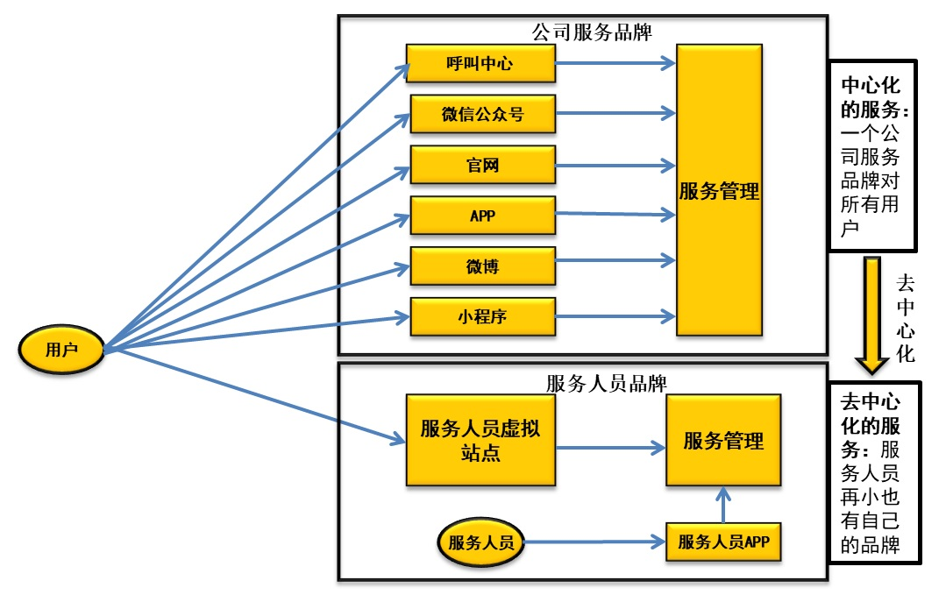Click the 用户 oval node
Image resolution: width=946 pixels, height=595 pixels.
61,350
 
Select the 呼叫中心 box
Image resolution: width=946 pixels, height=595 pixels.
480,63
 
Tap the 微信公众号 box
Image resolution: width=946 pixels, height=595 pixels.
482,114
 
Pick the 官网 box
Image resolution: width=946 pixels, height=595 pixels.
482,165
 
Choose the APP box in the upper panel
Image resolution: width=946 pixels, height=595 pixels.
482,215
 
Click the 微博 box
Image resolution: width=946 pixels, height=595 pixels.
482,266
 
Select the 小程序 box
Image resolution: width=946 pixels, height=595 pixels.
482,316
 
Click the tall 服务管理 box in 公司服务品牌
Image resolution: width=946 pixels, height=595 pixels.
719,190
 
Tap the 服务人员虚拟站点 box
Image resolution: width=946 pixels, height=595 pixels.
480,440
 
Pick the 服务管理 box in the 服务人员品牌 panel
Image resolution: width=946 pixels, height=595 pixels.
723,440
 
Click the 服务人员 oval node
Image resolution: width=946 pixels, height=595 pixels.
481,542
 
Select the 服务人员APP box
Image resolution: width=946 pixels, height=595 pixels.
723,542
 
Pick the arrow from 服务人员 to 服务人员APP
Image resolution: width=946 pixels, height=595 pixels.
595,542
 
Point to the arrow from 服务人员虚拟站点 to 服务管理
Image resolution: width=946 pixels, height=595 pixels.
610,448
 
